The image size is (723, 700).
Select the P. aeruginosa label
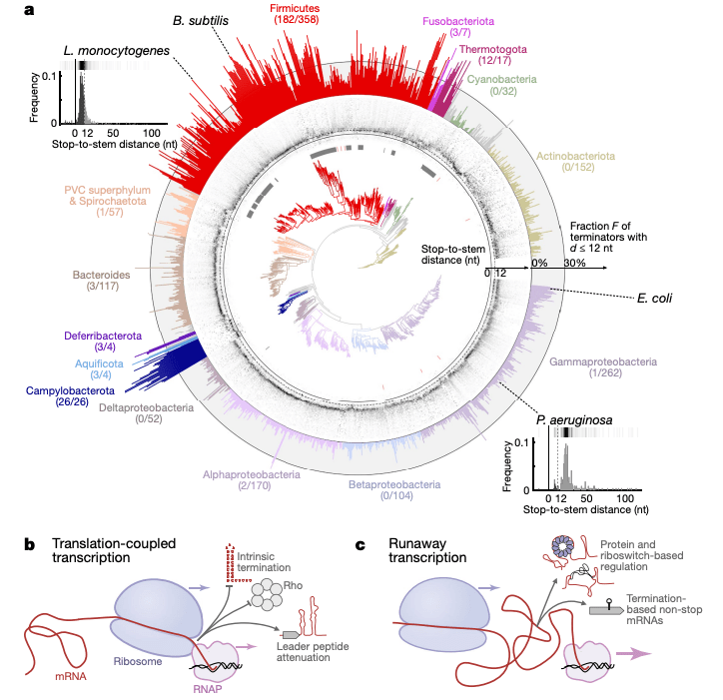click(567, 420)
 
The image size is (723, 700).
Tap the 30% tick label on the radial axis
click(574, 262)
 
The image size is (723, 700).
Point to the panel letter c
click(361, 545)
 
